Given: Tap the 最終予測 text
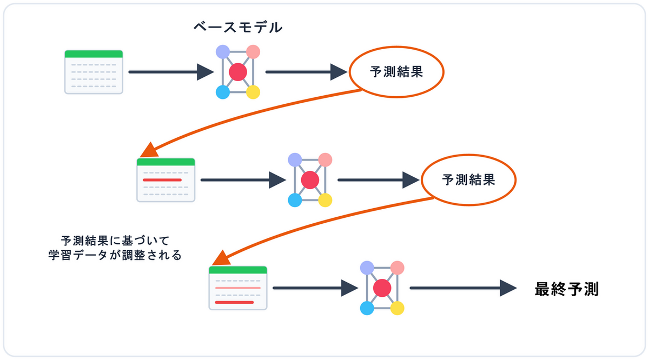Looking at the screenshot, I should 566,289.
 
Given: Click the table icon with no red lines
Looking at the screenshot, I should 94,71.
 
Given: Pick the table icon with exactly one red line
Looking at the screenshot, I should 166,180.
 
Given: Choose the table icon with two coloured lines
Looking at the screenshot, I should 238,288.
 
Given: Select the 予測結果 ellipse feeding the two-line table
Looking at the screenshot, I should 468,179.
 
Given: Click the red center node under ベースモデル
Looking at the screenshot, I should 238,72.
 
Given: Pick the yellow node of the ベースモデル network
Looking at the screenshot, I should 253,92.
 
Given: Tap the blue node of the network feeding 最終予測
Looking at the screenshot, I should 367,308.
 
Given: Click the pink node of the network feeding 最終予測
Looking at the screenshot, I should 398,268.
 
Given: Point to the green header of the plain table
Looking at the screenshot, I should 94,54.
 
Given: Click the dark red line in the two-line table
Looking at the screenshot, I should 234,303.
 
